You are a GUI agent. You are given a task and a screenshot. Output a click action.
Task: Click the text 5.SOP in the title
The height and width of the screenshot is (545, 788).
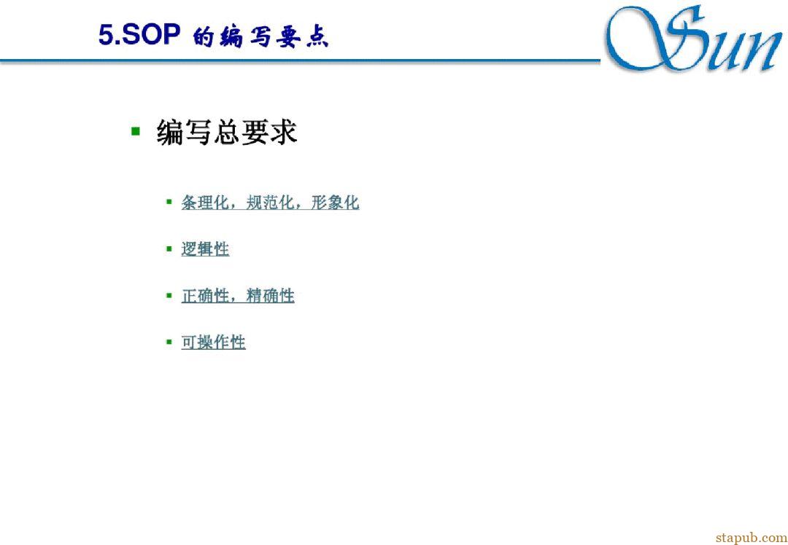(139, 35)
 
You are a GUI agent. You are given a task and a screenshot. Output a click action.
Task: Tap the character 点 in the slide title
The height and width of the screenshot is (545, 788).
(317, 37)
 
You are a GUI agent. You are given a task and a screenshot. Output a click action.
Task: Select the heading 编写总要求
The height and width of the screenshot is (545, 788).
(227, 132)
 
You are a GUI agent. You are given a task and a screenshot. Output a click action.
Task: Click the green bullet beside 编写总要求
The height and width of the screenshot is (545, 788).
(135, 131)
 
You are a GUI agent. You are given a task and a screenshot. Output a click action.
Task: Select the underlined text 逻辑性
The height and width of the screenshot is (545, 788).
(205, 249)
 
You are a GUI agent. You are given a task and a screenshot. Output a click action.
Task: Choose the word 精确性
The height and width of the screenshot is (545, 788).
(271, 296)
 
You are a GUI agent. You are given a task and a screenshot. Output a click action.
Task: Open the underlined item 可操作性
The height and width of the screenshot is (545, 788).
(213, 342)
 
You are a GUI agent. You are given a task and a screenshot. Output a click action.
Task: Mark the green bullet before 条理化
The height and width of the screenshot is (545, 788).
(169, 202)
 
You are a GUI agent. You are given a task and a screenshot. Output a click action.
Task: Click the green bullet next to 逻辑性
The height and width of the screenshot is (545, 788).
(169, 248)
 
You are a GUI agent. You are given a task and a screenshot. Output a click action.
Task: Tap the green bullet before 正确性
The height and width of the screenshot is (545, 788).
(169, 295)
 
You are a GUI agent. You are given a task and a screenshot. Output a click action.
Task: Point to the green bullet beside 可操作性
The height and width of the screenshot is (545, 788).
(169, 342)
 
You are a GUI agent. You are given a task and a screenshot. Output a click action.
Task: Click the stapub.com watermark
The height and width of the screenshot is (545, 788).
(752, 538)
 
